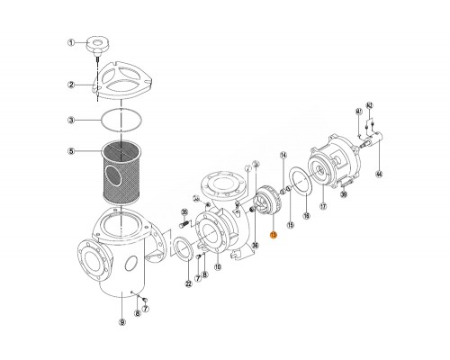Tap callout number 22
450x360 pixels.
[188, 284]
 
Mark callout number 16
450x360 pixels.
[305, 217]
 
